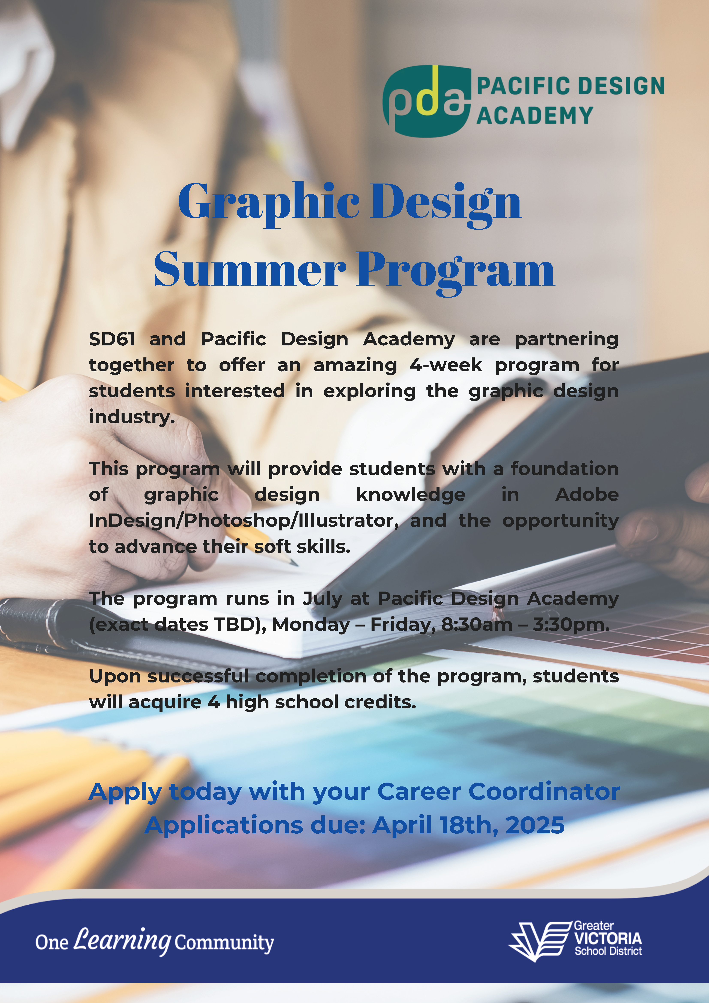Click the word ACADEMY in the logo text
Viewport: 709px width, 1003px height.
click(535, 116)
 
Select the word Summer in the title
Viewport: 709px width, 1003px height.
click(250, 270)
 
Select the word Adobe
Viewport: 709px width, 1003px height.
click(587, 494)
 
